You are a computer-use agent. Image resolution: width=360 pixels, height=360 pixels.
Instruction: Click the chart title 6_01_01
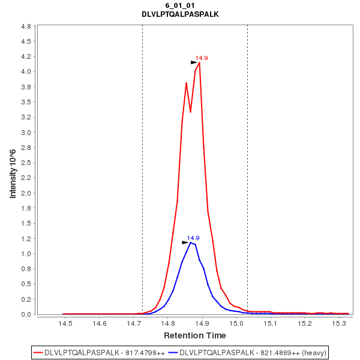click(x=180, y=5)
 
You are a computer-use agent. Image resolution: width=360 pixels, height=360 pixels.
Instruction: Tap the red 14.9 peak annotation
click(x=202, y=58)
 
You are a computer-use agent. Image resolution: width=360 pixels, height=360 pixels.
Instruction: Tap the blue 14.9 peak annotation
click(x=193, y=238)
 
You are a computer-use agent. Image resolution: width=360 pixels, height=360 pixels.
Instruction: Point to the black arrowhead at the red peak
click(x=194, y=62)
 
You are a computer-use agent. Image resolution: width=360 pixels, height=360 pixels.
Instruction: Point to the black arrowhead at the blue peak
click(x=185, y=242)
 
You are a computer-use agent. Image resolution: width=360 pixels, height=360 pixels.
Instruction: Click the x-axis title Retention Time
click(x=195, y=335)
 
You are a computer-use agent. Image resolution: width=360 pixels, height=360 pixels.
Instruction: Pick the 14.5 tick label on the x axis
click(x=65, y=323)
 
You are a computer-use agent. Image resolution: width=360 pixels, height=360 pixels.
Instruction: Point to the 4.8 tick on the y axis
click(x=26, y=27)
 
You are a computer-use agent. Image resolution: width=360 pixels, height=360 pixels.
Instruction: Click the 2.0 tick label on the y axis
click(x=26, y=193)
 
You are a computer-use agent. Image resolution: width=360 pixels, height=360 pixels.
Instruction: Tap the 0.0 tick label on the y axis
click(x=26, y=314)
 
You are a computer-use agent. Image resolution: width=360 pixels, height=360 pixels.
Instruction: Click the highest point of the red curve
click(x=199, y=62)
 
